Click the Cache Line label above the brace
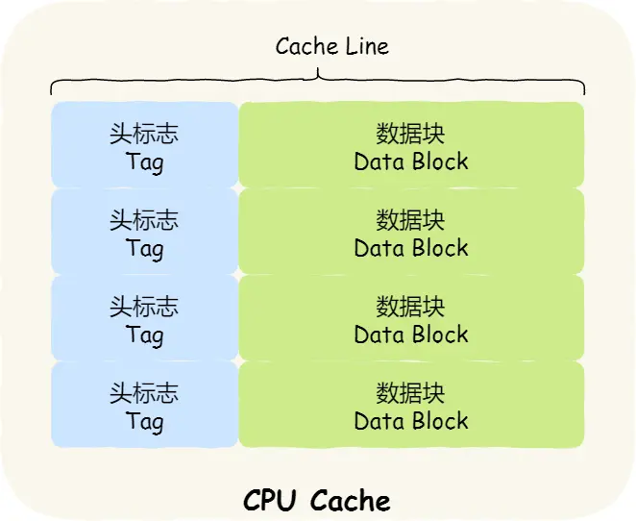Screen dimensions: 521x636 click(x=331, y=46)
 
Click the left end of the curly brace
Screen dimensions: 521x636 click(x=52, y=91)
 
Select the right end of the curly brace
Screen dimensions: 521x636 click(x=584, y=91)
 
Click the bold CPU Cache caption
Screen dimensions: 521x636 click(x=317, y=501)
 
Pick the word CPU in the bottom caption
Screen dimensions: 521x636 click(x=272, y=501)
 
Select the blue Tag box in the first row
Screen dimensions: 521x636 click(x=144, y=144)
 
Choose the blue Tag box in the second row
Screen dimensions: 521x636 click(x=144, y=231)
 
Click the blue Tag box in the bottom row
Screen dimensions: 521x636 click(x=144, y=404)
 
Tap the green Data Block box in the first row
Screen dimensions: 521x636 click(x=411, y=144)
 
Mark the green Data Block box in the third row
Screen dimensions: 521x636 click(x=411, y=317)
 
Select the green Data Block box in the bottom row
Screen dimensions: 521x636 click(x=411, y=404)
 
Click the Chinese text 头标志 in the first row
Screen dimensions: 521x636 click(x=144, y=134)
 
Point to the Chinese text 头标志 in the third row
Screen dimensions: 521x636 click(x=144, y=307)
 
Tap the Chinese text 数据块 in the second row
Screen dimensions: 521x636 click(x=411, y=220)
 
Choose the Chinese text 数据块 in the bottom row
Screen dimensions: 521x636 click(x=411, y=393)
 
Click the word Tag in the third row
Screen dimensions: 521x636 click(x=144, y=335)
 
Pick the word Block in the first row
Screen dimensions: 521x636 click(x=439, y=161)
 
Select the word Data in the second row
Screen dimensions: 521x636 click(x=379, y=248)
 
